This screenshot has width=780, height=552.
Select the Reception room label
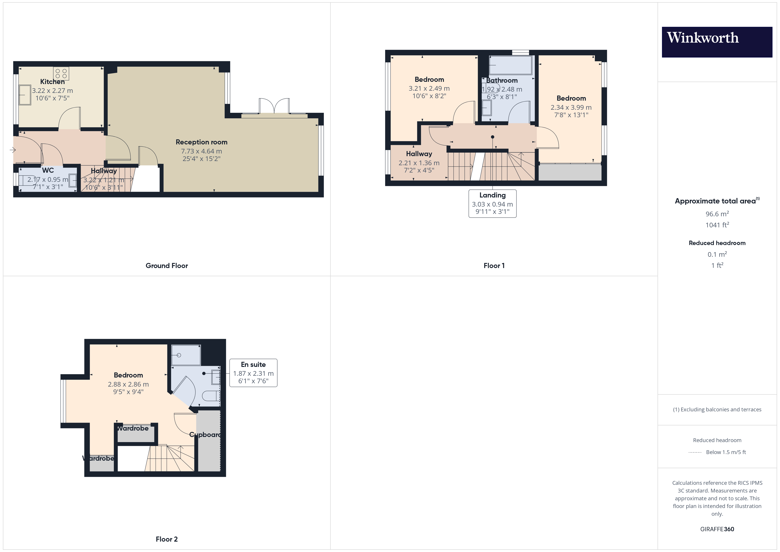click(x=201, y=142)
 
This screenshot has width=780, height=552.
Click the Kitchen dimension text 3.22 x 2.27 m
click(x=52, y=91)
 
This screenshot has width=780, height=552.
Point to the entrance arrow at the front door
click(x=13, y=149)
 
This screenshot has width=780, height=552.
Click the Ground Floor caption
click(x=166, y=265)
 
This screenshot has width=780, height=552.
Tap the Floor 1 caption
click(x=494, y=265)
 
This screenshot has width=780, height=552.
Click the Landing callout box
click(x=492, y=203)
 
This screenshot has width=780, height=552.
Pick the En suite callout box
click(x=253, y=372)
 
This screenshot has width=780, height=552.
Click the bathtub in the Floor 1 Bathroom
click(x=510, y=65)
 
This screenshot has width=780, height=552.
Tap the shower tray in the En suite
click(x=186, y=355)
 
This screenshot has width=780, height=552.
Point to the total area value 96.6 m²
click(x=717, y=214)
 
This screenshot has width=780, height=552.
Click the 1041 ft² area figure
click(x=717, y=225)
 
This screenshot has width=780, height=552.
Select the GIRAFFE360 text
click(x=717, y=529)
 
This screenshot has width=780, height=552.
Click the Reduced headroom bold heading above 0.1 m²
click(x=717, y=243)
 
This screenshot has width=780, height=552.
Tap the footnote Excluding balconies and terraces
click(x=717, y=409)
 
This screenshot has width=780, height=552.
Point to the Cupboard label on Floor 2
click(x=205, y=434)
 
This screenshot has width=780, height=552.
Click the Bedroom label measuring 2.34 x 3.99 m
click(x=571, y=98)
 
